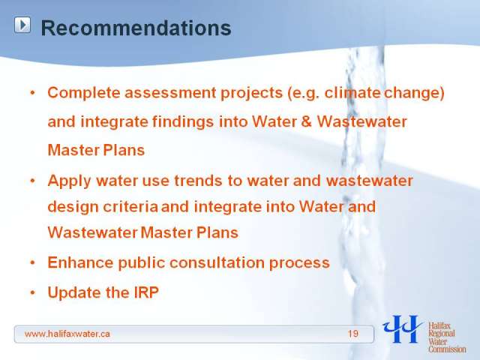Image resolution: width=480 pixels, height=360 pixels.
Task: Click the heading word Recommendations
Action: pos(136,28)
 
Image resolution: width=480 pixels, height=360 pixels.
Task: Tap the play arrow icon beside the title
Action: pos(22,25)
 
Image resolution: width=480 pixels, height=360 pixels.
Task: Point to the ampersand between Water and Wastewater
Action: pos(306,121)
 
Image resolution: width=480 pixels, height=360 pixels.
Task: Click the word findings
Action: pos(183,122)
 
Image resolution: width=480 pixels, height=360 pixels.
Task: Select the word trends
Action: pos(198,181)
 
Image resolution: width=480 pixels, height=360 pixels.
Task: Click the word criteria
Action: pos(130,207)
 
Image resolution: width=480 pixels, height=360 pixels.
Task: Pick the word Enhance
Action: pos(80,262)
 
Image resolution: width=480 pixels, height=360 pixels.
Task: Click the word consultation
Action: pos(217,262)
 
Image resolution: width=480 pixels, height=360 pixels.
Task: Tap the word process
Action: pos(299,263)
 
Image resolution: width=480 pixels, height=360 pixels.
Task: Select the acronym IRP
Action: pos(146,292)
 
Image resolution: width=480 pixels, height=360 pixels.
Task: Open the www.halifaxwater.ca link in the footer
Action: pos(67,334)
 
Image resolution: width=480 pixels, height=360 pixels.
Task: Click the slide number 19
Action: pos(353,333)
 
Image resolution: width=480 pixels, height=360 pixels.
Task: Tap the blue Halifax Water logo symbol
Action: pos(402,328)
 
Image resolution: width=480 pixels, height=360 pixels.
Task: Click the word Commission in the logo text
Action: pos(447,349)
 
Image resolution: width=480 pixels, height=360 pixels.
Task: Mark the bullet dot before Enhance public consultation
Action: pos(33,262)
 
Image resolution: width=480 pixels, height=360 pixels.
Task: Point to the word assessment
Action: pos(170,93)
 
